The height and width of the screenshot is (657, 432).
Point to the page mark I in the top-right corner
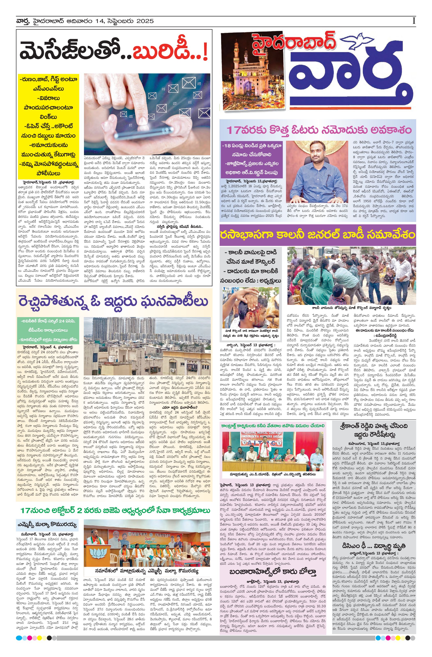pos(414,21)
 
